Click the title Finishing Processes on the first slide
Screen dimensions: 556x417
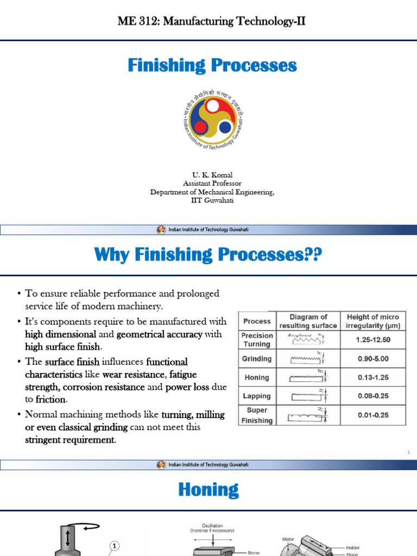[212, 66]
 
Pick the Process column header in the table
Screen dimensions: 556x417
[257, 321]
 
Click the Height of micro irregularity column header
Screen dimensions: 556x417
[372, 321]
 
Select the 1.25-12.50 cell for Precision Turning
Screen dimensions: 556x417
[372, 340]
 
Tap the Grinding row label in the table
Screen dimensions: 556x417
[257, 359]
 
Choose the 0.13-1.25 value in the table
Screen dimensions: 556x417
[372, 377]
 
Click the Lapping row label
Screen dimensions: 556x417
[257, 396]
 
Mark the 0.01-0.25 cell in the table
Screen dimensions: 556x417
[372, 415]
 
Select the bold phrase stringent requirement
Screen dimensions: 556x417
[70, 440]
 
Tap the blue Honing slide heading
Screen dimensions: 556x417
[208, 490]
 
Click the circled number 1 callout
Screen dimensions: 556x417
[115, 546]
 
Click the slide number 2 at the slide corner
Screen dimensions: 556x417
[408, 452]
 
